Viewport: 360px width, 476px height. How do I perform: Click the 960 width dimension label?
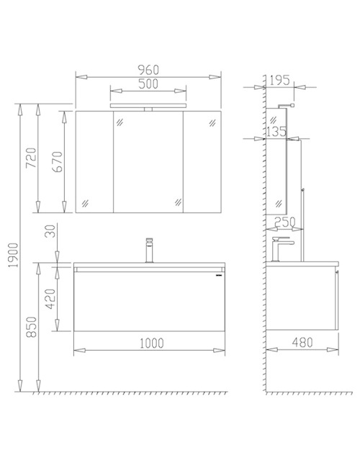(x=148, y=69)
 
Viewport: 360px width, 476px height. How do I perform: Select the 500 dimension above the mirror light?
(x=148, y=84)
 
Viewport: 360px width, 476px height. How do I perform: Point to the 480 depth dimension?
(x=303, y=343)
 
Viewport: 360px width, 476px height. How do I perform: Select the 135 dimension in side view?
(x=276, y=132)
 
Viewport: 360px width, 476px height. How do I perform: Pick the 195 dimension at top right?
(x=282, y=80)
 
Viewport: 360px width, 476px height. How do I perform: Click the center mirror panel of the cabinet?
(x=148, y=162)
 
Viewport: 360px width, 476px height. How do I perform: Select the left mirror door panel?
(x=94, y=162)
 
